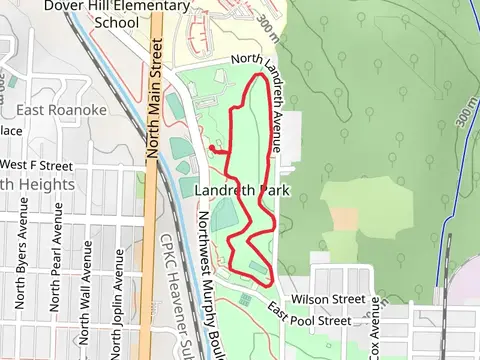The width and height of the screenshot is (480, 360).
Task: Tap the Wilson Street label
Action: pos(327,299)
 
